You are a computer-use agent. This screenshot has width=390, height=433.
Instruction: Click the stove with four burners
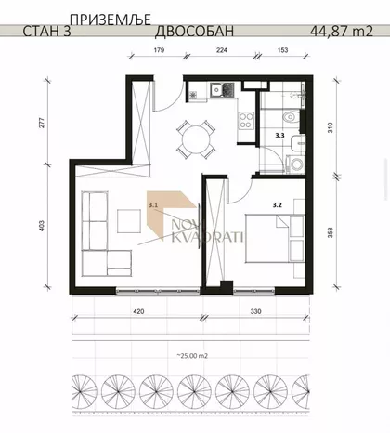(247, 119)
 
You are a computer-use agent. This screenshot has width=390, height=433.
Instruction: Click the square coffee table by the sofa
(128, 220)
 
